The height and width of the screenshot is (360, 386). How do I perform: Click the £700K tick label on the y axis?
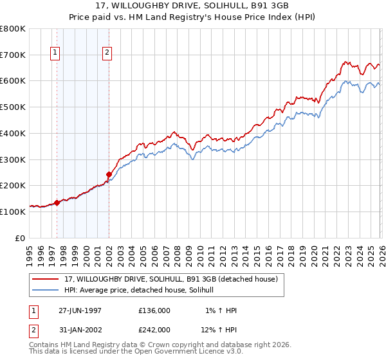13,55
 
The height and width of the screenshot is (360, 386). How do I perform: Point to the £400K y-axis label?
13,133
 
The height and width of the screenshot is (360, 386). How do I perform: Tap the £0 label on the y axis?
20,238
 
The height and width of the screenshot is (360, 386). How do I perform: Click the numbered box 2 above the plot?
106,53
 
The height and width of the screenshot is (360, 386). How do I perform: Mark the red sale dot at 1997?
57,203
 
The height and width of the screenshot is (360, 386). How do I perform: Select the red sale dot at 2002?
109,174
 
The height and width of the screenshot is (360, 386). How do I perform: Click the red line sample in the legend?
46,279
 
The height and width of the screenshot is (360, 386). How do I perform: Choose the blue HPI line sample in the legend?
46,290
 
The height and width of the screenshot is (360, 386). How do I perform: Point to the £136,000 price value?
154,310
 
